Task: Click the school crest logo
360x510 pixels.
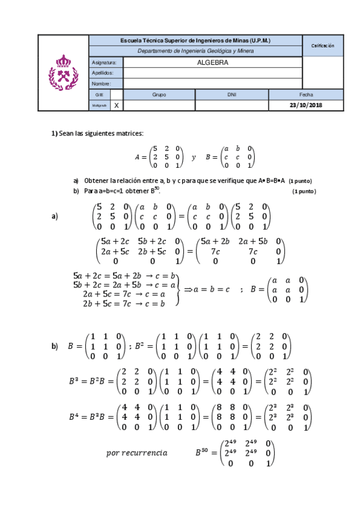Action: click(x=63, y=72)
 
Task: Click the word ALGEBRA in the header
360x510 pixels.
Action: click(x=212, y=62)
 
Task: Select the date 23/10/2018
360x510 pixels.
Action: click(x=306, y=105)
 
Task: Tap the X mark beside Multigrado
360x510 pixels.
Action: click(x=117, y=105)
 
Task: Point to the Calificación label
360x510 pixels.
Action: click(x=323, y=46)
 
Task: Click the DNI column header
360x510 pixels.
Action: click(x=231, y=94)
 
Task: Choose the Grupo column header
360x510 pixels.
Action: click(x=159, y=94)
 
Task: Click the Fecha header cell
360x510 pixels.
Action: click(x=306, y=94)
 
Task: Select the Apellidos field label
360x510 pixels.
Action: click(x=102, y=73)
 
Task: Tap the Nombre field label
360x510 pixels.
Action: click(x=101, y=84)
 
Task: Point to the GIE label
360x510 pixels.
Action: click(x=99, y=94)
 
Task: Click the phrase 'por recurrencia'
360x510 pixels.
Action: click(x=136, y=452)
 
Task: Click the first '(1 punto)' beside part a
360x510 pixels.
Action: click(x=301, y=181)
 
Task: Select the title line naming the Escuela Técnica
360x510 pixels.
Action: click(x=195, y=40)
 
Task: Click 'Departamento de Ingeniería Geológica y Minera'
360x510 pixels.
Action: click(x=195, y=51)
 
